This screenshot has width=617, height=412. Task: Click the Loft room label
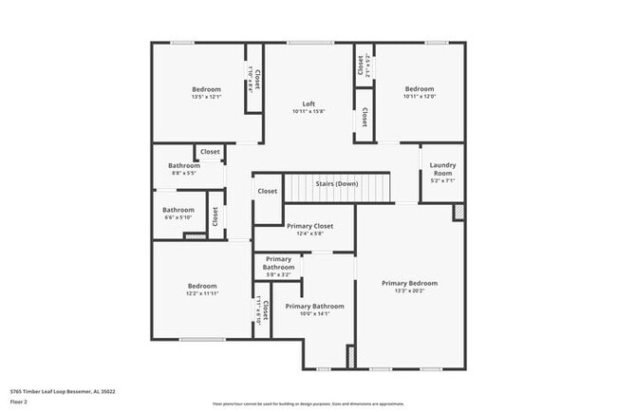[x=308, y=103]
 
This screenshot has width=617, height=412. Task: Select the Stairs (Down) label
[x=337, y=183]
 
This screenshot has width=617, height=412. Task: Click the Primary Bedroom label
[x=409, y=283]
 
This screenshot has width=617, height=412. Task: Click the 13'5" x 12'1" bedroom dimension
[x=206, y=97]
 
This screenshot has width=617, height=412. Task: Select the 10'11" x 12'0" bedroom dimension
[x=418, y=97]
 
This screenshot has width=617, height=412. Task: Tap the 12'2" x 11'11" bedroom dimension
[x=202, y=293]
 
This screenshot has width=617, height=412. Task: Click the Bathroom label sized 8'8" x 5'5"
[x=184, y=165]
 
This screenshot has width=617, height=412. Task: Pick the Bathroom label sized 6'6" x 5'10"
[x=178, y=210]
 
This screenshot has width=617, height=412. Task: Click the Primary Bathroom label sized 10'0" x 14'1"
[x=314, y=307]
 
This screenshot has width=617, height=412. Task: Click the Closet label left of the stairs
[x=268, y=191]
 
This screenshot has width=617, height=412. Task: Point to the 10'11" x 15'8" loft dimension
[x=308, y=112]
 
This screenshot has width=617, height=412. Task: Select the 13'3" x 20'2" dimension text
[x=409, y=291]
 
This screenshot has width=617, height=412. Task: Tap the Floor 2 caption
[x=19, y=403]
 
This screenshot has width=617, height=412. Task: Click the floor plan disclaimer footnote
[x=308, y=403]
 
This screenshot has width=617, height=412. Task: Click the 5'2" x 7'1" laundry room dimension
[x=442, y=180]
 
